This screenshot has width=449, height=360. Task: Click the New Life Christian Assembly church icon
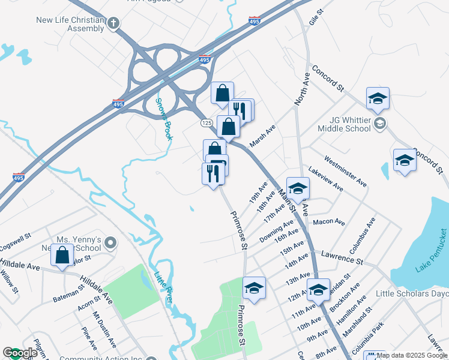(x=112, y=23)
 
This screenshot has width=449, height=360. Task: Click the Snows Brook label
(x=164, y=119)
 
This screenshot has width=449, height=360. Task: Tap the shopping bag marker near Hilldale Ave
(x=62, y=255)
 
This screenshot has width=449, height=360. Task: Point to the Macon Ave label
(x=329, y=222)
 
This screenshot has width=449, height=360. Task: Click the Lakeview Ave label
(x=325, y=179)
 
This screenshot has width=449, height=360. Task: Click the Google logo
(x=19, y=353)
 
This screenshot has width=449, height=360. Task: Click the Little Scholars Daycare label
(x=412, y=294)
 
